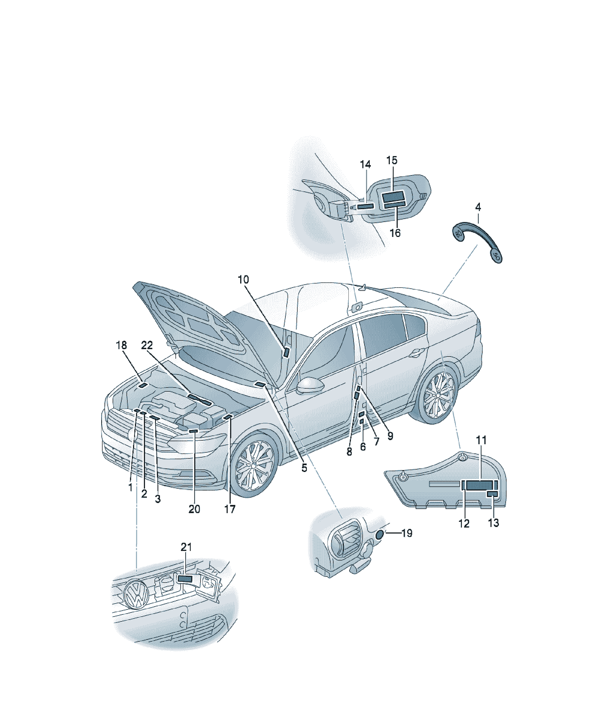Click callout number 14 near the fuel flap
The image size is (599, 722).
coord(365,165)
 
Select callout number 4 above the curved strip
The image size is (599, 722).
coord(478,207)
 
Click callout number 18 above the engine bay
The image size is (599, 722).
coord(121,345)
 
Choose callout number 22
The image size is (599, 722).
coord(147,345)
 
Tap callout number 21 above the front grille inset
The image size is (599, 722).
coord(186,547)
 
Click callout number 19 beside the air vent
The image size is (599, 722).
coord(407,533)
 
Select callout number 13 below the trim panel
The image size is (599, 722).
coord(493,523)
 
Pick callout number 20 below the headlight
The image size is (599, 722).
coord(194,509)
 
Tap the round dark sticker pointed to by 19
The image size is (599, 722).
coord(380,535)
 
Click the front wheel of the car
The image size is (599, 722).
coord(254,465)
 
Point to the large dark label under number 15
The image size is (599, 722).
coord(394,197)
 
